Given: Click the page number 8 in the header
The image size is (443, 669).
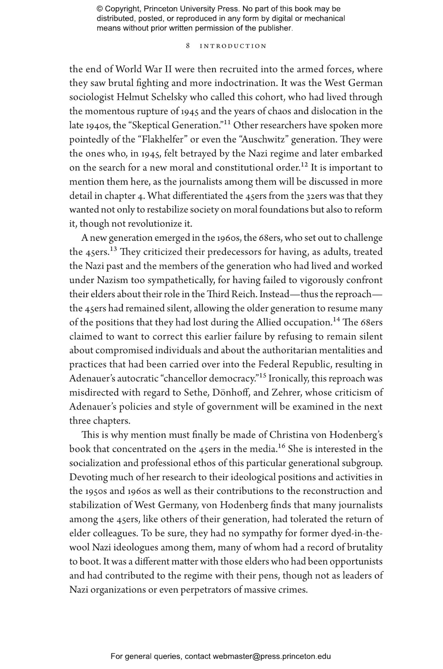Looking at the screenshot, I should coord(188,46).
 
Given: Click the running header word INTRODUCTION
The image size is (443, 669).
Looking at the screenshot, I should coord(233,46).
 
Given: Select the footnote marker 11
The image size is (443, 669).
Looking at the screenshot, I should coord(227,123).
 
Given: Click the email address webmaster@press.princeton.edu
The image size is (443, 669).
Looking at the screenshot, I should coord(271,656).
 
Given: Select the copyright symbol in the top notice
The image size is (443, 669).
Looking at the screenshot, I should coord(99,9).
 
